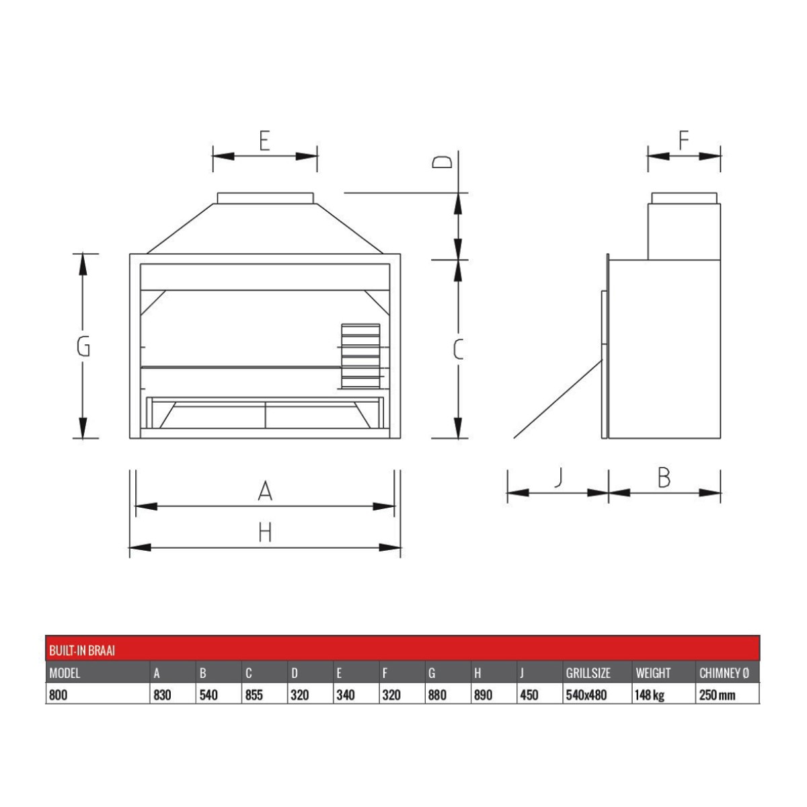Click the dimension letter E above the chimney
pyautogui.click(x=264, y=141)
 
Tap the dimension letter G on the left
pyautogui.click(x=83, y=347)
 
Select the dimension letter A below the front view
pyautogui.click(x=265, y=491)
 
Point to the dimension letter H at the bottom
pyautogui.click(x=265, y=533)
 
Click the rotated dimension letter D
pyautogui.click(x=442, y=162)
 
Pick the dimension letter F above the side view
pyautogui.click(x=683, y=141)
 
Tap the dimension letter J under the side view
pyautogui.click(x=558, y=478)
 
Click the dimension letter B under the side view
pyautogui.click(x=664, y=477)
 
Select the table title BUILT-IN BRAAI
pyautogui.click(x=82, y=650)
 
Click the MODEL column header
pyautogui.click(x=65, y=673)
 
